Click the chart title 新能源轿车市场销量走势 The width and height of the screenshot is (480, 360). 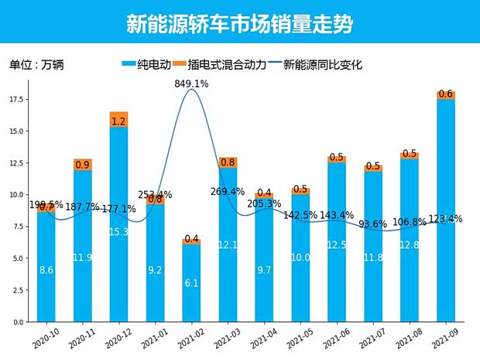point(239,23)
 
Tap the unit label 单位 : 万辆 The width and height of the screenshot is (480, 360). point(36,66)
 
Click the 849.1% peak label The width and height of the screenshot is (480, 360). point(191,83)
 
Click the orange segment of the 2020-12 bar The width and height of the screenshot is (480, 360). point(118,120)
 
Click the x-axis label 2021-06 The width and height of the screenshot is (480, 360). point(334,338)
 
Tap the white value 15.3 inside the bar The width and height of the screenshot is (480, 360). point(118,231)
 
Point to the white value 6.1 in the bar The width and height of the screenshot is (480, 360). point(191,283)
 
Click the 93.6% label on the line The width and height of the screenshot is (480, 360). point(373,225)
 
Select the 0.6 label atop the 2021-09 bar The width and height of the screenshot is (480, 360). point(446,94)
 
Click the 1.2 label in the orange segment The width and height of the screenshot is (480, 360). point(118,122)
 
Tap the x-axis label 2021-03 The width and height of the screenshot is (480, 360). point(225,338)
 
